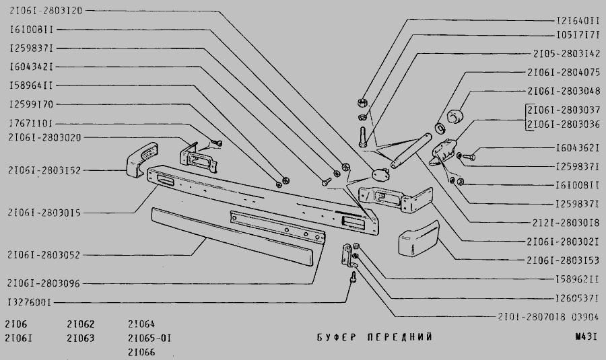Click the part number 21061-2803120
pyautogui.click(x=45, y=11)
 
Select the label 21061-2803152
pyautogui.click(x=44, y=171)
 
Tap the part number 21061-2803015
pyautogui.click(x=44, y=213)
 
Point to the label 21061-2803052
pyautogui.click(x=44, y=255)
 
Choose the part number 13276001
pyautogui.click(x=31, y=302)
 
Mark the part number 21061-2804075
pyautogui.click(x=563, y=72)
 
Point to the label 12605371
pyautogui.click(x=577, y=297)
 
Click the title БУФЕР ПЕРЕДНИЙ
pyautogui.click(x=374, y=337)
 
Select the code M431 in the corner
pyautogui.click(x=586, y=337)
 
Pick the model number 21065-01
pyautogui.click(x=149, y=338)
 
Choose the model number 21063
pyautogui.click(x=81, y=338)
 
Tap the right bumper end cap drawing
pyautogui.click(x=418, y=240)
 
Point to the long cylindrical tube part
pyautogui.click(x=410, y=150)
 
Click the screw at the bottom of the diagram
pyautogui.click(x=352, y=277)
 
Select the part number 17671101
pyautogui.click(x=31, y=124)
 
